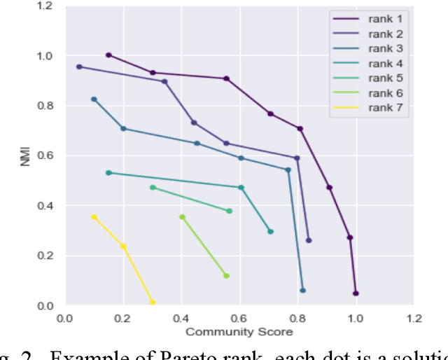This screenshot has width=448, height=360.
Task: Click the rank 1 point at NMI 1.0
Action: coord(108,55)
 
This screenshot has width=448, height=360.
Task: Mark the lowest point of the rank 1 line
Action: coord(356,293)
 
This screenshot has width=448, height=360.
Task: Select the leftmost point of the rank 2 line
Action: coord(79,67)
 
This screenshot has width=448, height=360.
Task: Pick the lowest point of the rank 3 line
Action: coord(302,290)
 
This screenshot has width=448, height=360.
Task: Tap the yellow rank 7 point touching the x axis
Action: coord(153,303)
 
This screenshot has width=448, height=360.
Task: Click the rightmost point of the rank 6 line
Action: coord(226,276)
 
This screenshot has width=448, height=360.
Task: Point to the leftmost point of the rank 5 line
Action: coord(153,187)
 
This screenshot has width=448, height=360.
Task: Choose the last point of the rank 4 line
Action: coord(270,231)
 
